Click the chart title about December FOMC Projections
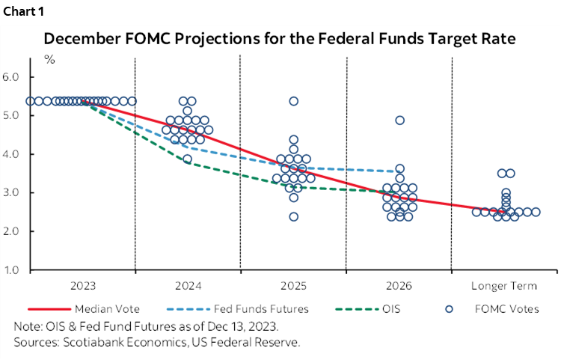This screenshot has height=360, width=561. [280, 38]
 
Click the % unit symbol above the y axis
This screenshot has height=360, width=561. [50, 59]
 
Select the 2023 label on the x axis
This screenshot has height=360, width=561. [82, 286]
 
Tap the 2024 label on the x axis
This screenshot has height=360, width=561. [188, 286]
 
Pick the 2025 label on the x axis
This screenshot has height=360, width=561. [293, 286]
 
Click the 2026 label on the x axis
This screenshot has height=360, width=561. [399, 286]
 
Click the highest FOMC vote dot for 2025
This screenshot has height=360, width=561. [294, 101]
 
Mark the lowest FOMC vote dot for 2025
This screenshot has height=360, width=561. [294, 217]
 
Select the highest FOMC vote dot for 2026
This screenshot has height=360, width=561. [400, 120]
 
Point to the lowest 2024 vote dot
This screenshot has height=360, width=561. [188, 159]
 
